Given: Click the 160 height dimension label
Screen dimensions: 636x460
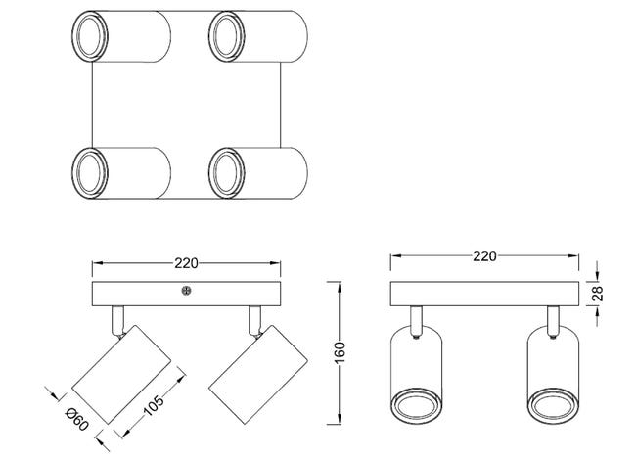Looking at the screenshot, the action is (x=340, y=352).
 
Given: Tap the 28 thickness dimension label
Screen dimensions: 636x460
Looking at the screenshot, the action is (x=598, y=294).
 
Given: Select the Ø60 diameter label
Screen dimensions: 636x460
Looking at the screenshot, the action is (x=76, y=419).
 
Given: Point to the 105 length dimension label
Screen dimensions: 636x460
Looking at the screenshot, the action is (x=154, y=405).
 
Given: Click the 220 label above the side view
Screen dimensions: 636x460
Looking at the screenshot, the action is (x=186, y=263).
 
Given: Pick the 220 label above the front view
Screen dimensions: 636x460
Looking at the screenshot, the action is (x=484, y=256).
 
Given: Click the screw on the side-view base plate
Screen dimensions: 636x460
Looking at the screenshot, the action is (x=186, y=291).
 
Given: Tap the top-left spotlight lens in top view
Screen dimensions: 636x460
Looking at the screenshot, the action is (x=90, y=36).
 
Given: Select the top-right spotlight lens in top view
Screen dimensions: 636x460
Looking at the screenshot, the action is (x=226, y=36).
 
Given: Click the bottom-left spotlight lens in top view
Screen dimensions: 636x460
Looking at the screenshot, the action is (x=90, y=173).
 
